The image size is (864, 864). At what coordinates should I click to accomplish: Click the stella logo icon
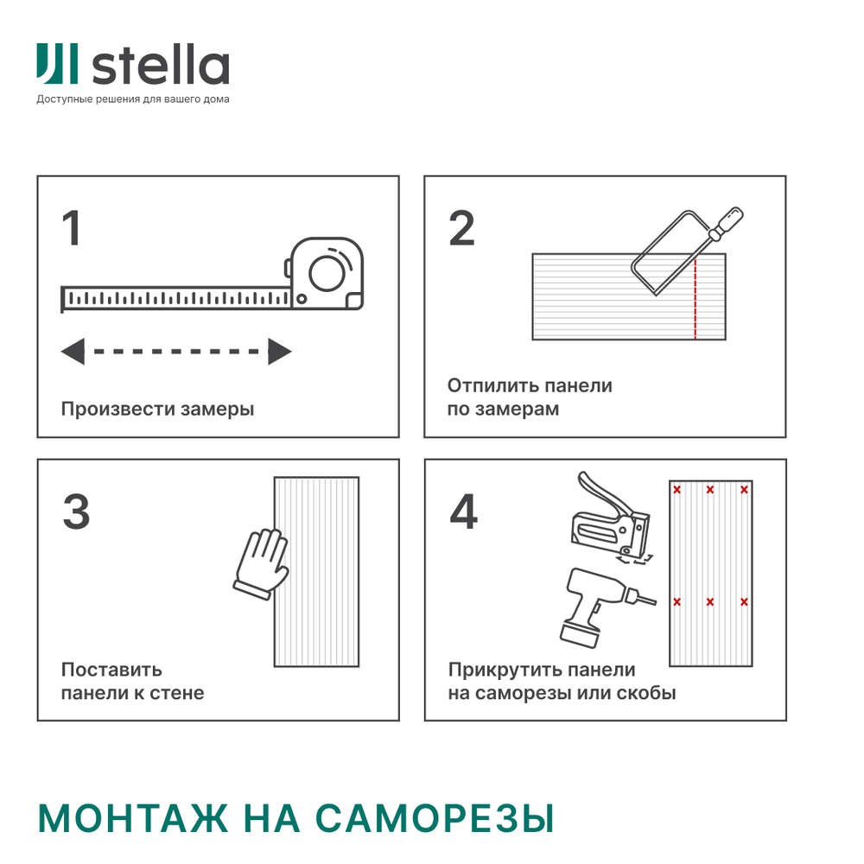tap(57, 65)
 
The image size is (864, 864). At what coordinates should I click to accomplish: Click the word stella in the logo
tap(160, 67)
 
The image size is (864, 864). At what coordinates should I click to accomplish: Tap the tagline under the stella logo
tap(133, 99)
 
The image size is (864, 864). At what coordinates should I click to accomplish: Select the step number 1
tap(72, 229)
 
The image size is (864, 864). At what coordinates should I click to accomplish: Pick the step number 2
tap(462, 229)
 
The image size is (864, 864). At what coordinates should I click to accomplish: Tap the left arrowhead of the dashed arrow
tap(73, 352)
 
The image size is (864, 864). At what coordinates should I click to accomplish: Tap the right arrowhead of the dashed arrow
tap(279, 352)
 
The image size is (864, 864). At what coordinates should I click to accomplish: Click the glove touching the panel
tap(262, 562)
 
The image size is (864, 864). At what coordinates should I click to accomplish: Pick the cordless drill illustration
tap(595, 605)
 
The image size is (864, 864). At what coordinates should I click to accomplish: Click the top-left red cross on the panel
tap(677, 490)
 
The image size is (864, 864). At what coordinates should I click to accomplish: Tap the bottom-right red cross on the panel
tap(744, 601)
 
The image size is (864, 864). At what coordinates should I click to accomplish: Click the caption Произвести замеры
tap(157, 409)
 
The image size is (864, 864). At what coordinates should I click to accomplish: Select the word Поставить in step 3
tap(111, 670)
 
